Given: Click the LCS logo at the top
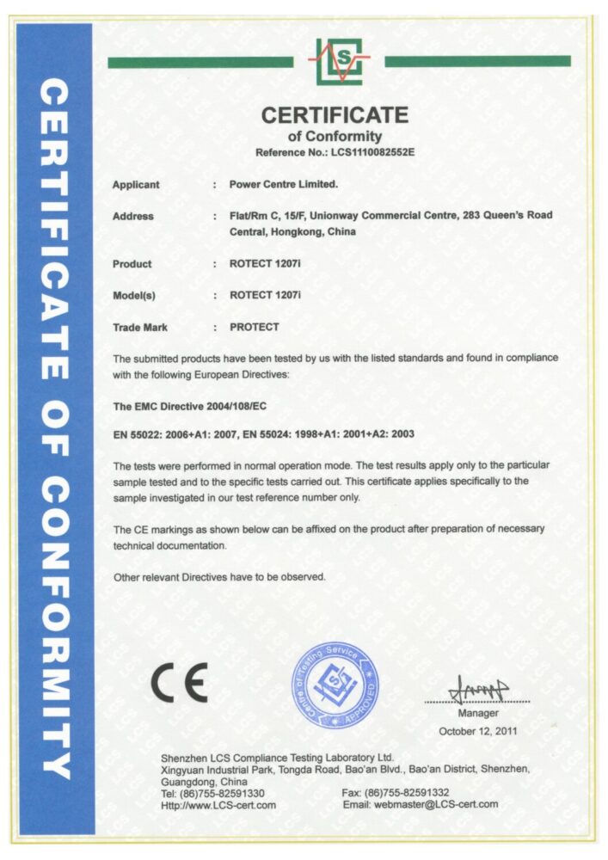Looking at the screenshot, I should [339, 61].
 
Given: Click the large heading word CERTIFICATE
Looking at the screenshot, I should [335, 115].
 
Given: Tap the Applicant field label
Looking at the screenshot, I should [136, 185].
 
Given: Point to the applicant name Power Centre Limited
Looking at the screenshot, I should [284, 185].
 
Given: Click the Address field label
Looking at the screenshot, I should [133, 217].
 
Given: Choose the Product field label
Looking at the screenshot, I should [132, 264].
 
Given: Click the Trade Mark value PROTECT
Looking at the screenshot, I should [255, 328].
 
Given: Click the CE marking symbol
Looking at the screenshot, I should [179, 685].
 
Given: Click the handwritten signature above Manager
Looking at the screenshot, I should [478, 689].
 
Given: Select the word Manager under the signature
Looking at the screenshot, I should [477, 714].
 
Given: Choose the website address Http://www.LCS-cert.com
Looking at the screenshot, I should [218, 805].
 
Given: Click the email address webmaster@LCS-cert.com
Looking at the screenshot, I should [421, 805].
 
